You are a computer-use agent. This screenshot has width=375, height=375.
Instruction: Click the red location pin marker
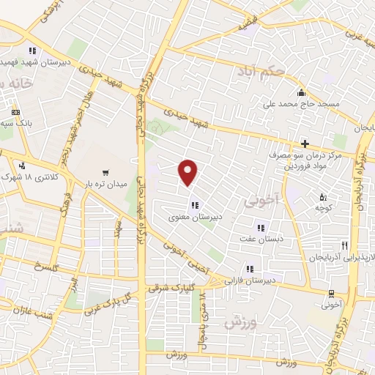pos(188,173)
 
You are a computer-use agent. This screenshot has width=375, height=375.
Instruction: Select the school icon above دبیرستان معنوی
pos(194,204)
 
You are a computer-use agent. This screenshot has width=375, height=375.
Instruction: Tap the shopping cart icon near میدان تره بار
pos(106,173)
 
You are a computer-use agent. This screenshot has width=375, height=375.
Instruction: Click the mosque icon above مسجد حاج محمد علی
pos(301,93)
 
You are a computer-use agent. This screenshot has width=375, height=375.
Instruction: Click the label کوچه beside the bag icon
pos(323,208)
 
